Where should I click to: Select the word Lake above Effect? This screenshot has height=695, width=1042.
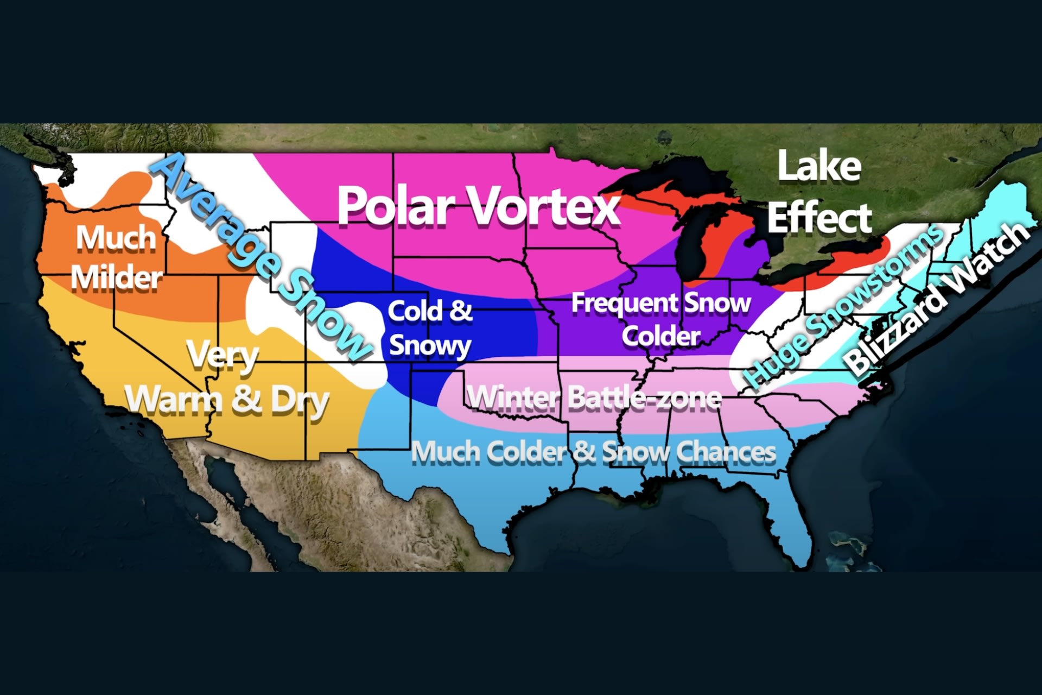coord(819,167)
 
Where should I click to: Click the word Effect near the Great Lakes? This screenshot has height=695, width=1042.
coord(819,218)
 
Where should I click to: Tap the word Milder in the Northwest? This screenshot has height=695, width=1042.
coord(117,278)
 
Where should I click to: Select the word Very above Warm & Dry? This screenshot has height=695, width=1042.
coord(223,356)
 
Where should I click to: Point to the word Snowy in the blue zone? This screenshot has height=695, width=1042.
coord(430,345)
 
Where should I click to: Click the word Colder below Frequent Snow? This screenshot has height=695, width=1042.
coord(661,336)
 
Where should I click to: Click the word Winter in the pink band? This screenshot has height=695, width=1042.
coord(513,398)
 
